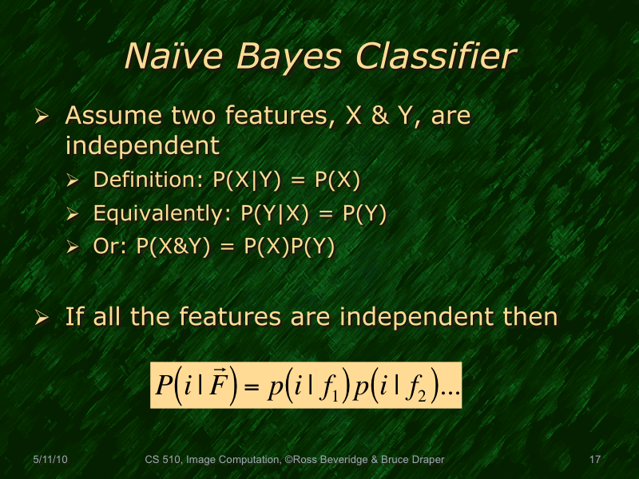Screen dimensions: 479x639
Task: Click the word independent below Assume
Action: pos(141,145)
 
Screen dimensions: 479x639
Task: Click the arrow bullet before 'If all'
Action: pos(42,319)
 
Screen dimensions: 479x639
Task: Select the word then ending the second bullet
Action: pos(526,317)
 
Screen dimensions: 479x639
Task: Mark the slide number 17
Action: pos(593,460)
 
